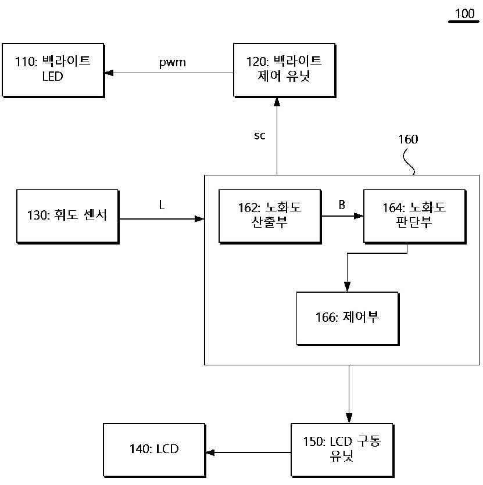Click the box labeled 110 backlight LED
coord(53,70)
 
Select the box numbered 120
coord(285,70)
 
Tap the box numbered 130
coord(68,217)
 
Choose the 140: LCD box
coord(155,450)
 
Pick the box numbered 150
coord(342,450)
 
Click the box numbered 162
coord(270,217)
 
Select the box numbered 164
coord(415,217)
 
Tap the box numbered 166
coord(348,319)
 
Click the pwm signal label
coord(173,63)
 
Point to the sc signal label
coord(260,135)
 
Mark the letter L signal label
coord(162,204)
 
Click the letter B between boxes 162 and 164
coord(342,204)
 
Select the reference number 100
coord(464,13)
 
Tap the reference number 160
coord(408,139)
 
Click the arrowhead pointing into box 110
coord(109,73)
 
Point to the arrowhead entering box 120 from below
coord(277,102)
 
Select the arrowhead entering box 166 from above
coord(348,287)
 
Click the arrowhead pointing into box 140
coord(210,452)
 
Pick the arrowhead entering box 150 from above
coord(349,418)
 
